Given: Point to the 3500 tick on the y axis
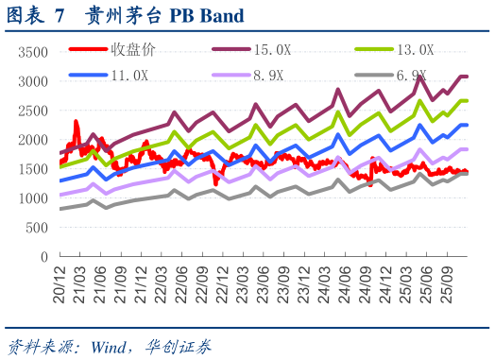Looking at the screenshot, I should pos(33,52).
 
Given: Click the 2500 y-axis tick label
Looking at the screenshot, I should pos(33,111).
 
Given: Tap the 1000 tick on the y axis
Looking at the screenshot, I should pos(33,198).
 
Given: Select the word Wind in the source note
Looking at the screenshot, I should pos(108,345).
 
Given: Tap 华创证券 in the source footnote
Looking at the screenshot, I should pos(180,345).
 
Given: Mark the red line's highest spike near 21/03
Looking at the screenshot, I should pos(76,122).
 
